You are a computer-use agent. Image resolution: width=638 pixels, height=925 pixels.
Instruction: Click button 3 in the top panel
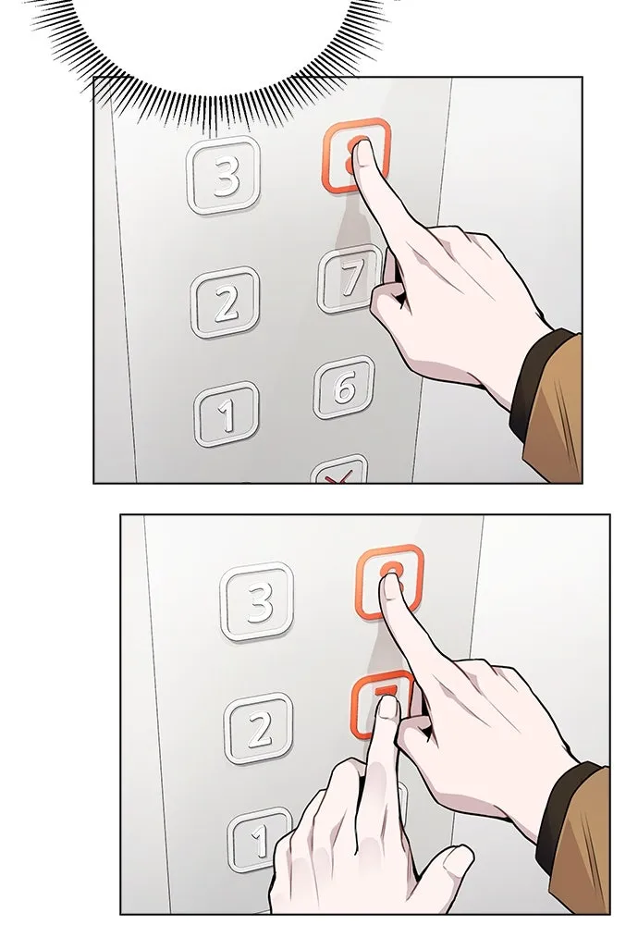(x=224, y=175)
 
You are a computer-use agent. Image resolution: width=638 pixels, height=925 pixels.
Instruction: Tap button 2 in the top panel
(x=226, y=302)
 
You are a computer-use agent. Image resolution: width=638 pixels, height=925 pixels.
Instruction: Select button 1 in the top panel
(x=227, y=413)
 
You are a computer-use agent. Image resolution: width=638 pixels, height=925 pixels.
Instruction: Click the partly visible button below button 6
(x=339, y=472)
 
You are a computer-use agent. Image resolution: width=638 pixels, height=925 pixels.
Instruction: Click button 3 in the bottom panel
(x=258, y=602)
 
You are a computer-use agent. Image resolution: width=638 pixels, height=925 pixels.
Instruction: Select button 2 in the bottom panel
(x=259, y=728)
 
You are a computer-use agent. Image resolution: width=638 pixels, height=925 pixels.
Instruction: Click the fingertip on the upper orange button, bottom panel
(x=392, y=588)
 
